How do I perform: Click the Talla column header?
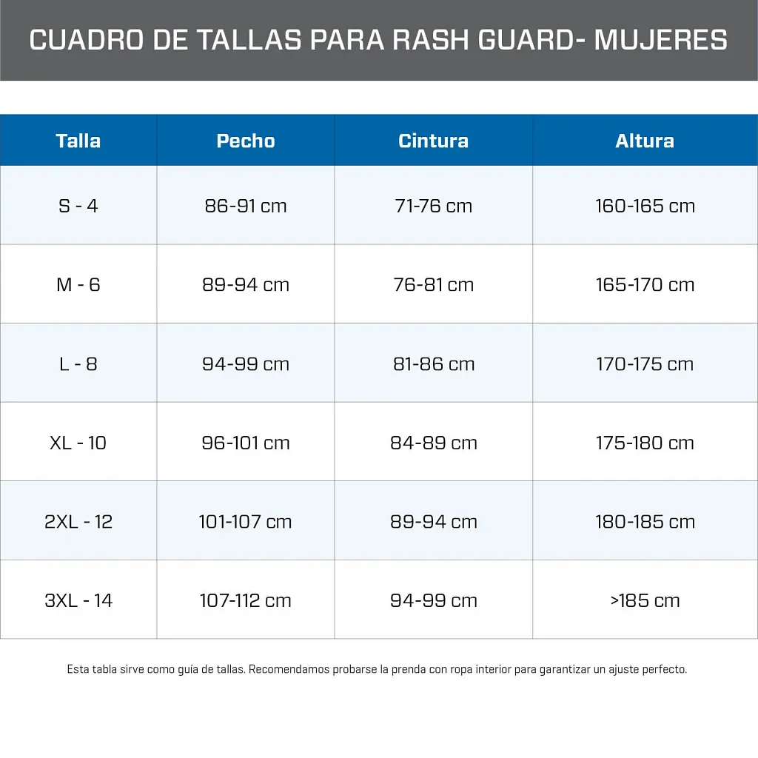[78, 141]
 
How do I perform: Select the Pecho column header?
[246, 141]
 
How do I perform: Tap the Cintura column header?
[433, 141]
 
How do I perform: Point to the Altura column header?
[645, 141]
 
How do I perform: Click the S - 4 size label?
[78, 206]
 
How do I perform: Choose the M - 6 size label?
[78, 285]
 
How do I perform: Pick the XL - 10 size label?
[78, 443]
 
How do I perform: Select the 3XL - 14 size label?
[78, 600]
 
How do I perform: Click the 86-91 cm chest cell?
[246, 206]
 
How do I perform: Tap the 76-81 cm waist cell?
[433, 285]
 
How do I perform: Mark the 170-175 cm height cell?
[645, 364]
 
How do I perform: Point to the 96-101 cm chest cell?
[246, 443]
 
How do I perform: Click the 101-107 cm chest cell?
[246, 522]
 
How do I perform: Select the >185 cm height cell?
[645, 600]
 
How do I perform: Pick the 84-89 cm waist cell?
[433, 443]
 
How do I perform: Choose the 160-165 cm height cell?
[645, 206]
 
